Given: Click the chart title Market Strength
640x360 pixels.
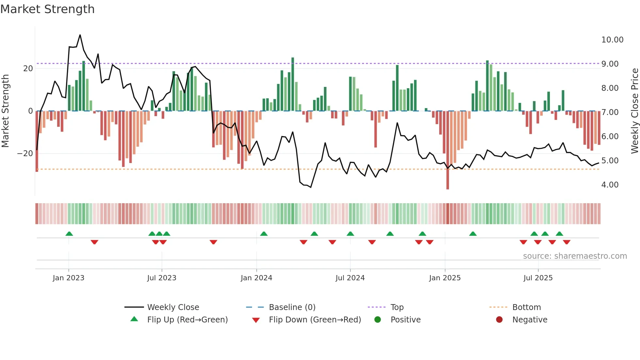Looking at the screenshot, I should pyautogui.click(x=47, y=9).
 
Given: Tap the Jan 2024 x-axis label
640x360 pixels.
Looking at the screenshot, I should pyautogui.click(x=256, y=278).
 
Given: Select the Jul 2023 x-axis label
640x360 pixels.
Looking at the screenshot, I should pyautogui.click(x=162, y=278).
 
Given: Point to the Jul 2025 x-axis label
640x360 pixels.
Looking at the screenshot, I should pyautogui.click(x=538, y=278).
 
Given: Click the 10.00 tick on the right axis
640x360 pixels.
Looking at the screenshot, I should pyautogui.click(x=612, y=40).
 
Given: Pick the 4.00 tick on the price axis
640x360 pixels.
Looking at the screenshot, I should pyautogui.click(x=610, y=185).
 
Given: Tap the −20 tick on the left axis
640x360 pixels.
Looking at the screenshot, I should pyautogui.click(x=25, y=154).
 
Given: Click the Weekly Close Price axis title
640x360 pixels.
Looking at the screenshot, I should pyautogui.click(x=634, y=111).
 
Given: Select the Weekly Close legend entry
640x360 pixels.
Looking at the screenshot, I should pyautogui.click(x=173, y=307).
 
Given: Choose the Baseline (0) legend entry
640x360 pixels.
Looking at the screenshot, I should pyautogui.click(x=292, y=307).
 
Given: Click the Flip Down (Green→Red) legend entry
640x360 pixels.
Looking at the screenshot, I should pyautogui.click(x=315, y=320).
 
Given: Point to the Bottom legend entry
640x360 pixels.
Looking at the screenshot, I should pyautogui.click(x=526, y=307).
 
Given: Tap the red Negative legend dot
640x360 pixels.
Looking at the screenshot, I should pyautogui.click(x=499, y=320).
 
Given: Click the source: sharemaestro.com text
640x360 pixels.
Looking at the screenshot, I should pyautogui.click(x=575, y=256).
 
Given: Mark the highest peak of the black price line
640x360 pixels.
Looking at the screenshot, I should pyautogui.click(x=80, y=35).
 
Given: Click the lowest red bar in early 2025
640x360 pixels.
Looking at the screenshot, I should pyautogui.click(x=448, y=188).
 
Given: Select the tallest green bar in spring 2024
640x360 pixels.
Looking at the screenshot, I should pyautogui.click(x=293, y=59).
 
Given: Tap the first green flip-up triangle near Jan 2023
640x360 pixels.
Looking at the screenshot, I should pyautogui.click(x=69, y=234).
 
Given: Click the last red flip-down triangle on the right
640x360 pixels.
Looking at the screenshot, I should pyautogui.click(x=567, y=242).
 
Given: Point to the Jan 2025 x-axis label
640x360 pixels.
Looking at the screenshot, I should pyautogui.click(x=445, y=278).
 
